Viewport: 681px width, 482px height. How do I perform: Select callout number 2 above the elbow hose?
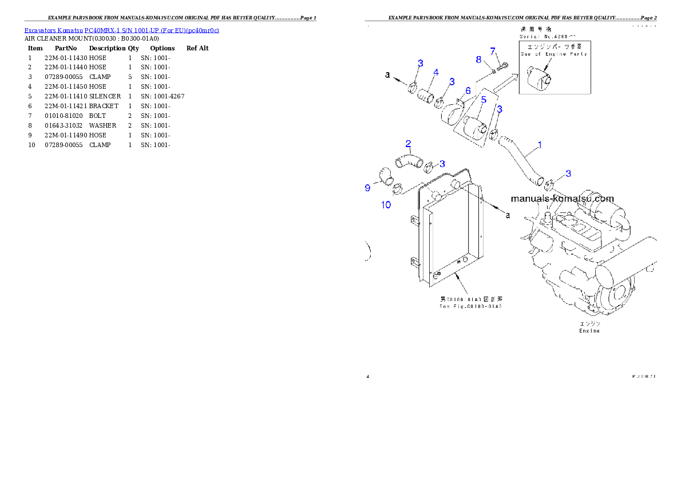point(409,143)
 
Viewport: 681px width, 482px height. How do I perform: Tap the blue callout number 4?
point(435,73)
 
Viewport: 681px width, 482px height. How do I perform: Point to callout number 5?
point(484,100)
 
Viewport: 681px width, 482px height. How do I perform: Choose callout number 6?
point(468,90)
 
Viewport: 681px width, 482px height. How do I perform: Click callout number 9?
point(367,188)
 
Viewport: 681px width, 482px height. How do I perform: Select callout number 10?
point(386,205)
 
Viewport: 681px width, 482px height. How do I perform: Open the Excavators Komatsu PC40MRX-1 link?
point(121,30)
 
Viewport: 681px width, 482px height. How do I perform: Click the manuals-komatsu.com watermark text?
point(561,199)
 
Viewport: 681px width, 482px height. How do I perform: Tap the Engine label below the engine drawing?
point(588,331)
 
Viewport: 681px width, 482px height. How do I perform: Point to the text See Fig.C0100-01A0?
point(470,306)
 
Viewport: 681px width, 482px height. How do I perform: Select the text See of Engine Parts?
point(554,54)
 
